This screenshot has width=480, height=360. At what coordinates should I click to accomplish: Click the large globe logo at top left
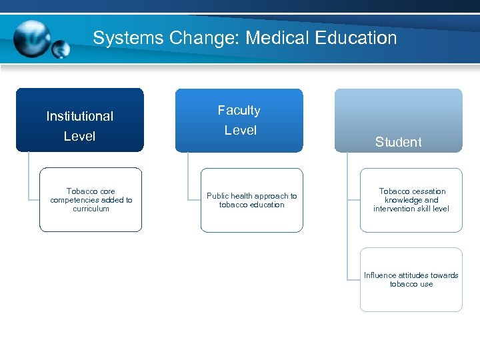[31, 38]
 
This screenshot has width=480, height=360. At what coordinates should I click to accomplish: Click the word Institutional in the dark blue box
[80, 116]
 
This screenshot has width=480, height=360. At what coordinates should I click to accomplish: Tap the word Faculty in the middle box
[239, 110]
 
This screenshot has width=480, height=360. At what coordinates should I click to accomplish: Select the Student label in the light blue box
[398, 142]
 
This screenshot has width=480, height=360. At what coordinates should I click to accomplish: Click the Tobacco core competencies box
[91, 200]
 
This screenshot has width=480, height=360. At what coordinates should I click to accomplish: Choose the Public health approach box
[251, 201]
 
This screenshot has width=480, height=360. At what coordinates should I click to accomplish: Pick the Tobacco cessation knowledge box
[411, 200]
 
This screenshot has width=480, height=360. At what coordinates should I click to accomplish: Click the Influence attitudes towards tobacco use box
[411, 279]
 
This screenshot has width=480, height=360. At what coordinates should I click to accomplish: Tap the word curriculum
[91, 209]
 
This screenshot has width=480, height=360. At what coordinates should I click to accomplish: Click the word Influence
[380, 275]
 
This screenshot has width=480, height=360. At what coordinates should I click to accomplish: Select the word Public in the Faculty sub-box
[218, 196]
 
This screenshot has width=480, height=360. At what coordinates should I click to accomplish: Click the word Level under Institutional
[80, 136]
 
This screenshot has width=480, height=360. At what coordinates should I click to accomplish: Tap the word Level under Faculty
[240, 130]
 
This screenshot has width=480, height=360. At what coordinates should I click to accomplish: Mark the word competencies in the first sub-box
[73, 200]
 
